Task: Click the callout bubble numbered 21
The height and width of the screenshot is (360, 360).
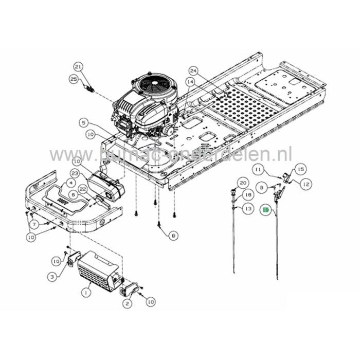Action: click(78, 67)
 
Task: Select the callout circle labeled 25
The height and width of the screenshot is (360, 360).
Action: click(74, 79)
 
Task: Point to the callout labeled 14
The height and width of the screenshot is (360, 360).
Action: click(190, 81)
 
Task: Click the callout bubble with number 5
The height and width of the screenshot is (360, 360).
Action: click(83, 122)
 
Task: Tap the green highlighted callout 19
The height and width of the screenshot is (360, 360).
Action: click(266, 210)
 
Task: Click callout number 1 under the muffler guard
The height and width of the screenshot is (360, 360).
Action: click(86, 291)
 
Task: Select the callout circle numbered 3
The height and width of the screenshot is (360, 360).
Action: click(52, 277)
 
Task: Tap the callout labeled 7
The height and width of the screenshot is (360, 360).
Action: click(33, 224)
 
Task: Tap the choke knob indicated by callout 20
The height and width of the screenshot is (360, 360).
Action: click(235, 192)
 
